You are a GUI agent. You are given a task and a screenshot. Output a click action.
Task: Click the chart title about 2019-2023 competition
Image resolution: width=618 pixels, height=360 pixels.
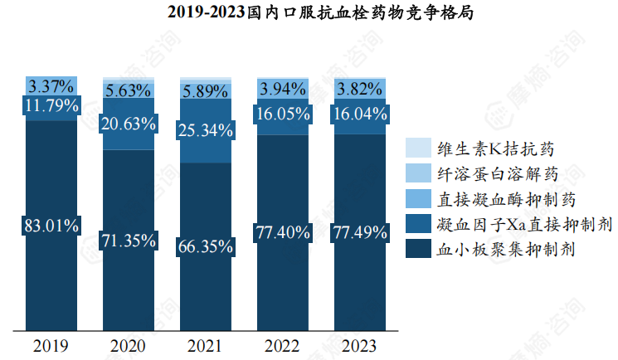point(309,12)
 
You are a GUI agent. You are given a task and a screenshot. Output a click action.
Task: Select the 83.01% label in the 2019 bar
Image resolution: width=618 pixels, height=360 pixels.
point(51,225)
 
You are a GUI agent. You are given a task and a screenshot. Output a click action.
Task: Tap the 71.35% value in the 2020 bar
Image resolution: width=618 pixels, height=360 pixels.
point(128,241)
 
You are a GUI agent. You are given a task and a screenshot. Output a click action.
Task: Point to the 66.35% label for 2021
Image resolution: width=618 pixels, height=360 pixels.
point(206,246)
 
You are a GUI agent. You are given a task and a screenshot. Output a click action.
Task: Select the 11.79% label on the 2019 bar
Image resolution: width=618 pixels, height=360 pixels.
point(51,105)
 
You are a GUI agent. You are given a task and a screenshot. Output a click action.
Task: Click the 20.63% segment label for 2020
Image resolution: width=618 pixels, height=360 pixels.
point(128,124)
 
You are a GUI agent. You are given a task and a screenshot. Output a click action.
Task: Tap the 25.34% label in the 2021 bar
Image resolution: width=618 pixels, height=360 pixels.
point(206,130)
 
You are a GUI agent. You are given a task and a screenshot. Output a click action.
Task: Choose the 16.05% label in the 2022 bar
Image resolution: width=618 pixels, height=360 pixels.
point(282,115)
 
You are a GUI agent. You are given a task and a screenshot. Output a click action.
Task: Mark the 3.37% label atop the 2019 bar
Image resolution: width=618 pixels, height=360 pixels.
point(51,85)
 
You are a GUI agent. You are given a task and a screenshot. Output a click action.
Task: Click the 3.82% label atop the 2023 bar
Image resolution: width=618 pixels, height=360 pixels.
point(359,90)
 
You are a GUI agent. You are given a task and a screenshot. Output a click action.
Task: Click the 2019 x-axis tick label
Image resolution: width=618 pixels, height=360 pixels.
point(51,345)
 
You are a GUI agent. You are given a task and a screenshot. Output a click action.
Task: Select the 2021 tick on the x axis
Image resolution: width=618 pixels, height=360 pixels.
point(206,345)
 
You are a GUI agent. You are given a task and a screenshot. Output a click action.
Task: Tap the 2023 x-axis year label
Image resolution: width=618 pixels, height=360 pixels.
point(359,345)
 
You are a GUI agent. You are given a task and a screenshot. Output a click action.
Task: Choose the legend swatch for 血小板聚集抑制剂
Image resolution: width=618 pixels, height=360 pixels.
point(416,248)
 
